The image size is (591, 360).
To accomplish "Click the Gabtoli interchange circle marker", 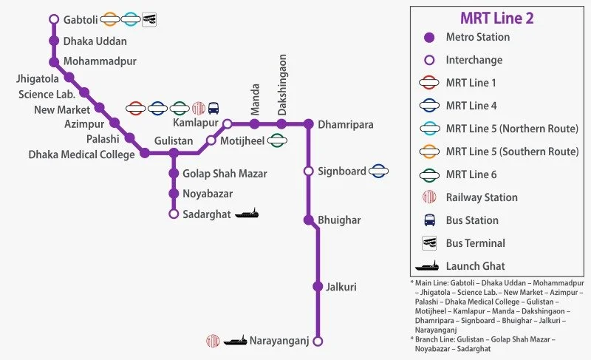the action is [x=53, y=19].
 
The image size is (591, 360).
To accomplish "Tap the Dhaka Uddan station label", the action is [x=95, y=41].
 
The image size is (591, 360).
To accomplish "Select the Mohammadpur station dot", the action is [x=53, y=61].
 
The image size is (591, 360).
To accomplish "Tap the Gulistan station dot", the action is [x=174, y=154].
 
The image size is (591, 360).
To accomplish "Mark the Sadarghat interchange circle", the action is [x=174, y=214].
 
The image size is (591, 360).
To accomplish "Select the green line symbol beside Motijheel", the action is [x=277, y=140].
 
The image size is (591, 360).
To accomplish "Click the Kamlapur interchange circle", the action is [x=228, y=123].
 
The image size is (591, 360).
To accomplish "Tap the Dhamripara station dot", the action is [x=309, y=123].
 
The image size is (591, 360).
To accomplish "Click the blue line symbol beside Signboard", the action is [x=379, y=171].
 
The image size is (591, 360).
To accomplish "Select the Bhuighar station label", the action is [x=340, y=220].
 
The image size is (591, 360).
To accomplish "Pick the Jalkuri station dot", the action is [x=318, y=286].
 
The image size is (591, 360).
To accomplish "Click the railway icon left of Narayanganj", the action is [x=213, y=341].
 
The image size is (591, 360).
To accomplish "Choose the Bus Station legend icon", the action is [x=428, y=220].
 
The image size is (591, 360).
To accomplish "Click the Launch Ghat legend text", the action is [x=475, y=266].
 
